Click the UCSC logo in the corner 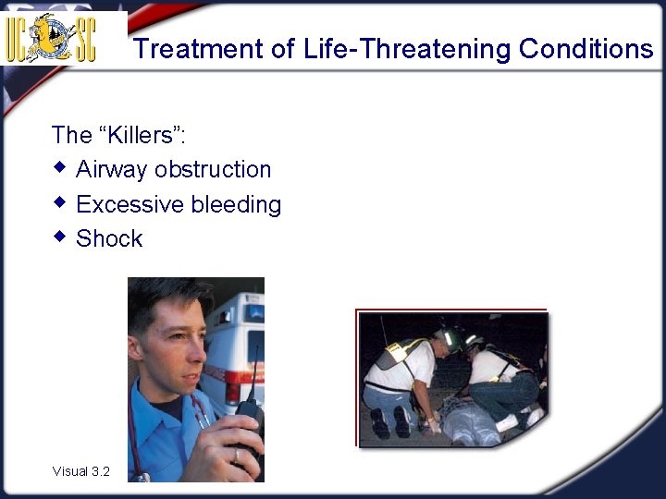pos(52,37)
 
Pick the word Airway pos(112,170)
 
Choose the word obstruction pos(213,170)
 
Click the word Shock pos(109,238)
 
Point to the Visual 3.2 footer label pos(80,471)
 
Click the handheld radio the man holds pos(248,416)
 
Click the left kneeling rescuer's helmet pos(450,338)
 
